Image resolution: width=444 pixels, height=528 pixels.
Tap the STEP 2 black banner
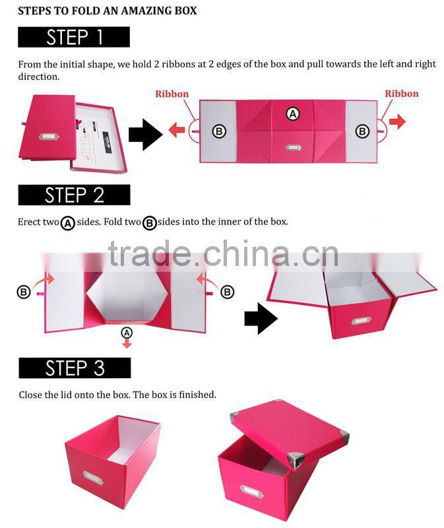74,195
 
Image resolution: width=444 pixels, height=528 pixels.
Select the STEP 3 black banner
75,368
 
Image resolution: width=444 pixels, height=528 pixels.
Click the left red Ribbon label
172,94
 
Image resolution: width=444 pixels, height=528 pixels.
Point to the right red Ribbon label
402,94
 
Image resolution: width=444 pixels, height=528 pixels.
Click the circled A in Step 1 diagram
293,114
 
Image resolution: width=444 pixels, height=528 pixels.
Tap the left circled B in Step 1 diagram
219,132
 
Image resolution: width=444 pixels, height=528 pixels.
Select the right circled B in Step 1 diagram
362,132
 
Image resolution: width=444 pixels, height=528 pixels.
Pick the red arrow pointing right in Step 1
397,122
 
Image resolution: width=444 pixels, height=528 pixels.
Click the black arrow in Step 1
144,136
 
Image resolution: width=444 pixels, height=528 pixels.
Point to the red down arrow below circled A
127,342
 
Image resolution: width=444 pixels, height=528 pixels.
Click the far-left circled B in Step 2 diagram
24,291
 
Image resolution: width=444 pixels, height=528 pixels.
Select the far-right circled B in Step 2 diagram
227,291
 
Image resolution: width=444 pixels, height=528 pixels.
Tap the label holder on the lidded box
251,492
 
